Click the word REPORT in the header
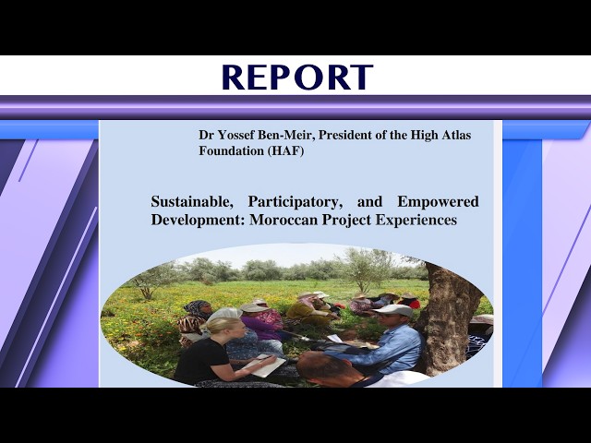point(296,78)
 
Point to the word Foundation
point(231,150)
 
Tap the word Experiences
point(414,221)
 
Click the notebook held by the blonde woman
point(268,365)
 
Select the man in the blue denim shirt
point(388,346)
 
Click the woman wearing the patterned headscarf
point(195,318)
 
